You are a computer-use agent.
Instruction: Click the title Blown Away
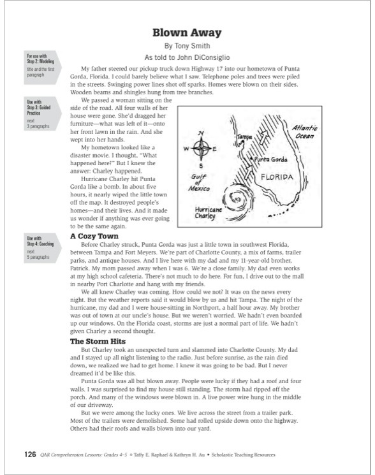point(187,33)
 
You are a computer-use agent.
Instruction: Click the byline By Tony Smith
point(187,46)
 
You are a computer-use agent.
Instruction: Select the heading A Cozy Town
point(94,237)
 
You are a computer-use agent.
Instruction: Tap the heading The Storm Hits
point(98,341)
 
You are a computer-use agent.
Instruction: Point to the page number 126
point(30,455)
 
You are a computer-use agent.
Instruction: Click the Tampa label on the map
point(244,137)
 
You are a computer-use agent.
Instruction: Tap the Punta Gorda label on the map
point(271,159)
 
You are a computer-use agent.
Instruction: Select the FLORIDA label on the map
point(277,177)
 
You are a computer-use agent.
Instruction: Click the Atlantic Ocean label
point(305,132)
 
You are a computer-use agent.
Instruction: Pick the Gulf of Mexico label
point(199,183)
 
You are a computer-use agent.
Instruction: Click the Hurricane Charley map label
point(209,213)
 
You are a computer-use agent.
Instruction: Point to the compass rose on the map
point(201,149)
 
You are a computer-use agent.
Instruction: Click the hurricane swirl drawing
point(237,201)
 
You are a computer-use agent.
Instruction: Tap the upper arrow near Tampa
point(265,137)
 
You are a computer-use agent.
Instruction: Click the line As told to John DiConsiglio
point(187,57)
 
